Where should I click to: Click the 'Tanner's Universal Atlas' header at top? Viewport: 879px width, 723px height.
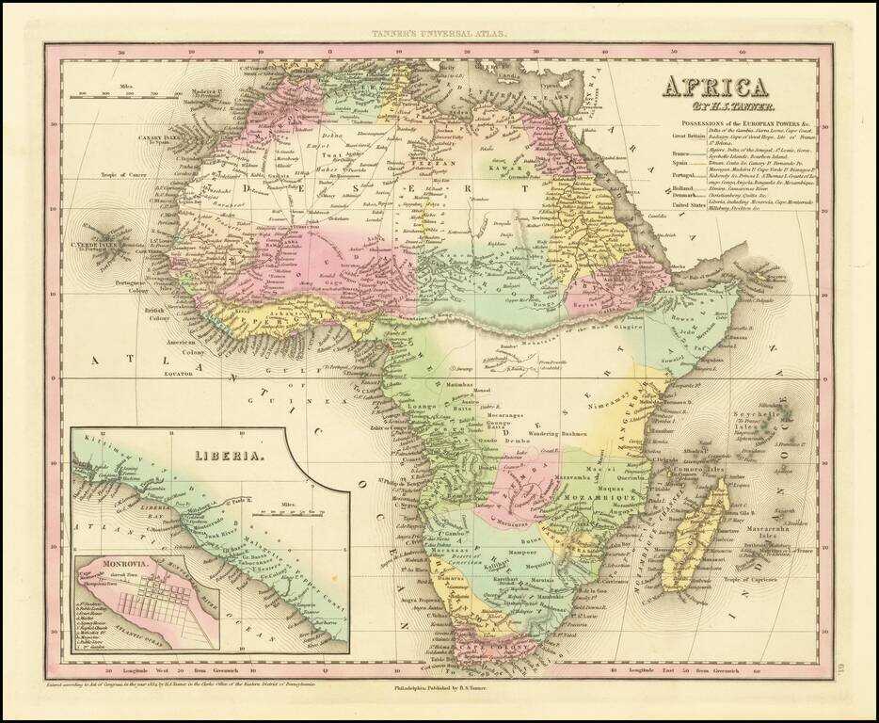[439, 34]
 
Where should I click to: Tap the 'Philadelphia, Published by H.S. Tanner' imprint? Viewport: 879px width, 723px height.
[439, 690]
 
